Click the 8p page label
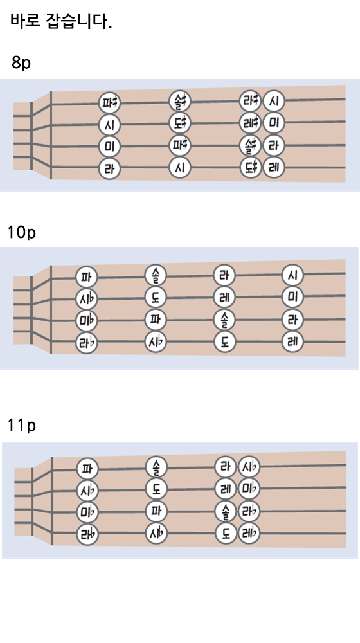coord(21,62)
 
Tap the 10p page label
coord(22,232)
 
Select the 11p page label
coord(22,425)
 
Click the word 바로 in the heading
coord(26,21)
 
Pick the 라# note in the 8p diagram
coord(250,100)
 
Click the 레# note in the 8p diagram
coord(250,123)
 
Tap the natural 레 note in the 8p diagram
coord(274,167)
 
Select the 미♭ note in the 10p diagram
coord(87,320)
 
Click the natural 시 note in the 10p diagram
coord(292,275)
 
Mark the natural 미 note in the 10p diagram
coord(292,296)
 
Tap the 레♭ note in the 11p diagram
coord(249,534)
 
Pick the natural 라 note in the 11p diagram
coord(226,467)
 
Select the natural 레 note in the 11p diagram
coord(226,489)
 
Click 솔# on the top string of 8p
coord(180,100)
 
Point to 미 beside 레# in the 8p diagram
coord(274,123)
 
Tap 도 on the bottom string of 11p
coord(226,534)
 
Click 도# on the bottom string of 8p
coord(250,167)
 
